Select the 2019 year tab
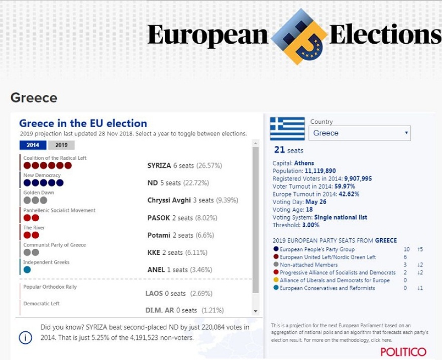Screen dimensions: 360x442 coord(61,145)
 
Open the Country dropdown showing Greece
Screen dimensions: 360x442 coord(360,133)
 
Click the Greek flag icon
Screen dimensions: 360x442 coord(287,129)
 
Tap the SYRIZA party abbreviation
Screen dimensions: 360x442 coord(159,165)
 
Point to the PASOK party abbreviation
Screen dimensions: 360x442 coord(158,218)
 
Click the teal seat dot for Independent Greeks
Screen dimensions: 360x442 coord(27,269)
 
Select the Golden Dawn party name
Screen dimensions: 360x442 coord(39,193)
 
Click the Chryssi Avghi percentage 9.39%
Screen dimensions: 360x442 coord(227,200)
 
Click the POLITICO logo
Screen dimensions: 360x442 coord(403,351)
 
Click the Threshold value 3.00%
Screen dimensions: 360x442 coord(310,225)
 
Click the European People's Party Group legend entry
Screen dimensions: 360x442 coord(317,249)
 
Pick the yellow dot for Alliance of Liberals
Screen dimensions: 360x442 coord(276,281)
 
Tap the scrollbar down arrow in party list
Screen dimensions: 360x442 coord(255,312)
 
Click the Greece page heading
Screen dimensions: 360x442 coord(34,98)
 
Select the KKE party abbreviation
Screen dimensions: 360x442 coord(155,252)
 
